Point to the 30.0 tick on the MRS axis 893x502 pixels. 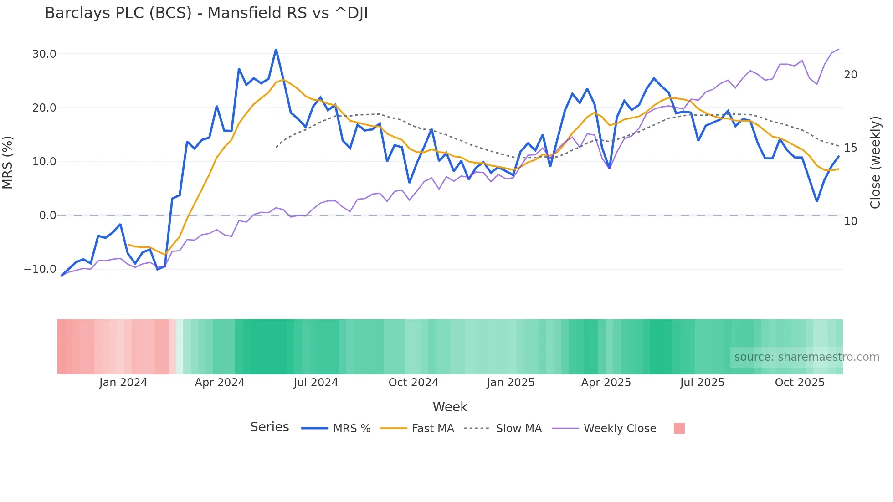pyautogui.click(x=44, y=54)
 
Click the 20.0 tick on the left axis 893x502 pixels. pyautogui.click(x=44, y=108)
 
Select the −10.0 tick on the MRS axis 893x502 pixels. pyautogui.click(x=40, y=269)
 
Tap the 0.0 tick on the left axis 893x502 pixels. pyautogui.click(x=47, y=215)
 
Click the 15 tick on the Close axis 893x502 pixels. pyautogui.click(x=850, y=148)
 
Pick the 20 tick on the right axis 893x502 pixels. pyautogui.click(x=850, y=75)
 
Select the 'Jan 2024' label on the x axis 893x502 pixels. pyautogui.click(x=123, y=383)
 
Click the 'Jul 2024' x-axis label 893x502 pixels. pyautogui.click(x=316, y=383)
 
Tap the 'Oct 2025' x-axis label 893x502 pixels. pyautogui.click(x=800, y=383)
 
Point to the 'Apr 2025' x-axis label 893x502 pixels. pyautogui.click(x=606, y=383)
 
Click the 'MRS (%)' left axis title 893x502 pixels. pyautogui.click(x=8, y=163)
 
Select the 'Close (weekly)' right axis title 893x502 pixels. pyautogui.click(x=875, y=163)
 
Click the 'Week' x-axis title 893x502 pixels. pyautogui.click(x=450, y=407)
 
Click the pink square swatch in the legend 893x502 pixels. pyautogui.click(x=679, y=429)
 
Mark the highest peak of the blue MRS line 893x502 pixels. pyautogui.click(x=276, y=49)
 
